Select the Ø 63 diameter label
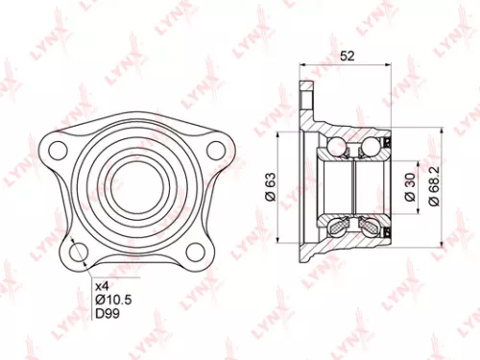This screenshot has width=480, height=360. click(271, 182)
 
